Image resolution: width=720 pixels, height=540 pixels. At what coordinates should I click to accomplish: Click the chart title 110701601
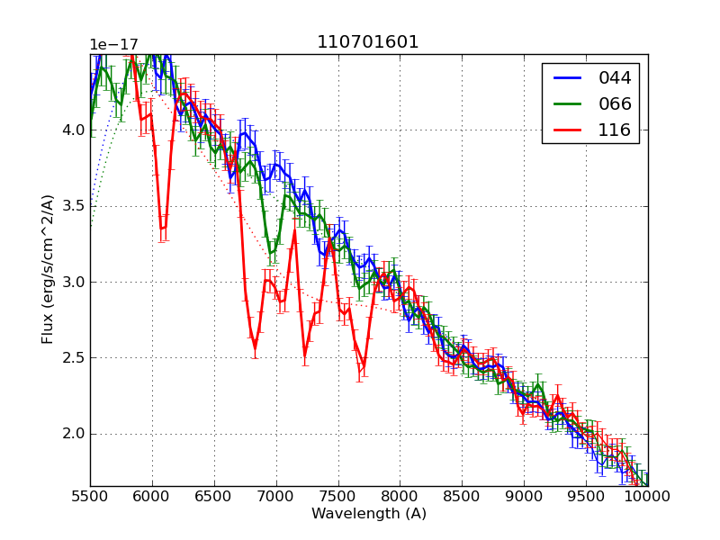point(368,42)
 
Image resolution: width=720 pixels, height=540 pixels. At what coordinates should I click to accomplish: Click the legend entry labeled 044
point(616,78)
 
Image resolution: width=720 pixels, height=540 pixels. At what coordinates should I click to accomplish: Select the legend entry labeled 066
point(616,103)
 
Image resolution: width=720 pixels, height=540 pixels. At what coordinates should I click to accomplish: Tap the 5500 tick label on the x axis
point(90,497)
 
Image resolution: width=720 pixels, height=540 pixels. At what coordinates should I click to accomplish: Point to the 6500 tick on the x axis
point(214,497)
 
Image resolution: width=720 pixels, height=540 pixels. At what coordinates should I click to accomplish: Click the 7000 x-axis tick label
point(276,497)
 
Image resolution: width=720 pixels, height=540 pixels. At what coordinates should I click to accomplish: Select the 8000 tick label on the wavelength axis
point(400,497)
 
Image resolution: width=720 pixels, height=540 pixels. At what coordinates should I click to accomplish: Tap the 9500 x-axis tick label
point(586,497)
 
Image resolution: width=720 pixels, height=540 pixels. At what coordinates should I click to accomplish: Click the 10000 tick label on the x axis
point(648,497)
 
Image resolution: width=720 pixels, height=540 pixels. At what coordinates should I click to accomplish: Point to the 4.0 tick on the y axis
point(74,130)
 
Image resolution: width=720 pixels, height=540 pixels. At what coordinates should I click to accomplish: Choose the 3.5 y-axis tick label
point(74,206)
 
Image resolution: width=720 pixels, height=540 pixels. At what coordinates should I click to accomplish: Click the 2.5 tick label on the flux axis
point(74,358)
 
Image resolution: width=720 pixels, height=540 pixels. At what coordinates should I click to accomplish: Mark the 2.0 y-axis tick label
point(74,434)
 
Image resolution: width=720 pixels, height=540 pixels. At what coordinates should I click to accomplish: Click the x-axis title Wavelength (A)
point(369,514)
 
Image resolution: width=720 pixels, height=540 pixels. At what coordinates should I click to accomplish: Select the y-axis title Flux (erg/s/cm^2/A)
point(49,269)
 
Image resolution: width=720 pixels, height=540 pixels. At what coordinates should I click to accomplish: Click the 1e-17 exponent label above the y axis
point(113,45)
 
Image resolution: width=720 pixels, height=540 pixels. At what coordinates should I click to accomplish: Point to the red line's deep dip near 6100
point(163,229)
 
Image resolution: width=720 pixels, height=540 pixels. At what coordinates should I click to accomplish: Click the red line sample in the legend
point(568,130)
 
